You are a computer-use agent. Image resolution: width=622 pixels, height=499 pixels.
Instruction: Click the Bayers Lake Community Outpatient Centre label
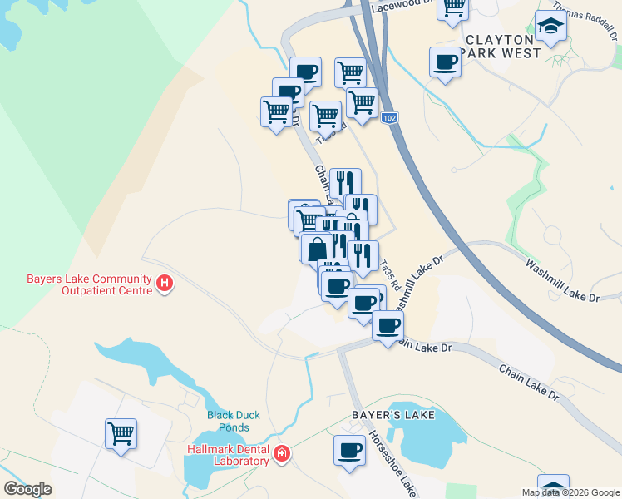77,284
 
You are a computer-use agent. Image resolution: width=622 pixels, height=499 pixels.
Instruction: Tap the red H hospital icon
165,284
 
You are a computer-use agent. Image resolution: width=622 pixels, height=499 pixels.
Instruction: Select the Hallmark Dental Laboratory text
228,455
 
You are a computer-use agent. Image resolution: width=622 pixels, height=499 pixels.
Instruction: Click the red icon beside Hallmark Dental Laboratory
282,454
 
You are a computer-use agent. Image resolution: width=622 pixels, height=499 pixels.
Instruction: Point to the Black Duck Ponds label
234,421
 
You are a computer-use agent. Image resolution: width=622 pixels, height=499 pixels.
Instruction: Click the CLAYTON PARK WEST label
504,46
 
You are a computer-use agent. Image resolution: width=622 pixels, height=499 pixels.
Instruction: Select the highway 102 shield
389,119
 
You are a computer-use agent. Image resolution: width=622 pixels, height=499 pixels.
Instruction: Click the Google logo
27,489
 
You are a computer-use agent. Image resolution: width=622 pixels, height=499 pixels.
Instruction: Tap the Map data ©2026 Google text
570,492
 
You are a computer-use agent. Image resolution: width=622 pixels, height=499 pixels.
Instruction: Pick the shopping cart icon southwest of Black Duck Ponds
121,433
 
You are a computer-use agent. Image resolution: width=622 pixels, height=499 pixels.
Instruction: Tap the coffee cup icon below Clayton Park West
445,62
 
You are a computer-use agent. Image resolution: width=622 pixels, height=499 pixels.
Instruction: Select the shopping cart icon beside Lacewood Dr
453,8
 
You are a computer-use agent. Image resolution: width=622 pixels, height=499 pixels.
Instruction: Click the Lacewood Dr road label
403,4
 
